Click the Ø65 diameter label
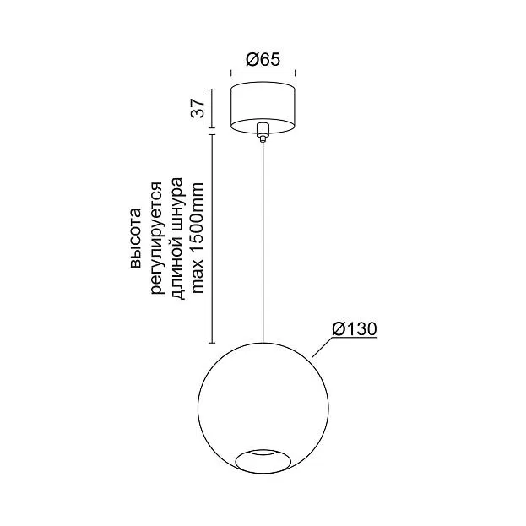click(x=263, y=60)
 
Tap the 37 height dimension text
click(x=198, y=108)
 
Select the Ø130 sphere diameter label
click(x=355, y=329)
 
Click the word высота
click(x=136, y=238)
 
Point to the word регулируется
click(x=157, y=238)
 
